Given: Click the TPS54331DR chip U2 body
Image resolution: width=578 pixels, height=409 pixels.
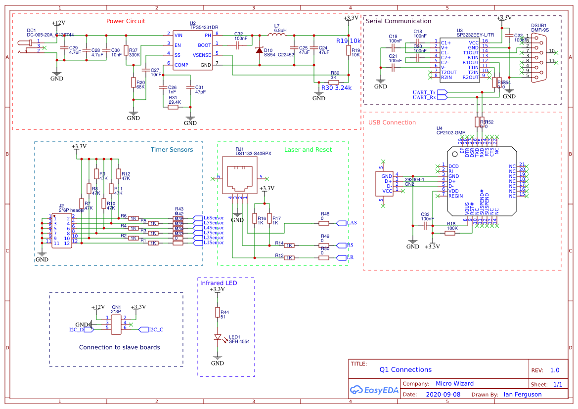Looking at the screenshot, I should point(193,50).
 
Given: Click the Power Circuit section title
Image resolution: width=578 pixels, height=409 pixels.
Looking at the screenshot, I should point(126,21).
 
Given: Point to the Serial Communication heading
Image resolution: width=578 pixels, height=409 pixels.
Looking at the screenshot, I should point(398,21).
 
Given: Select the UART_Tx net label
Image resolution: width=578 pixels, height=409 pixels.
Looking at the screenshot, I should point(424,92).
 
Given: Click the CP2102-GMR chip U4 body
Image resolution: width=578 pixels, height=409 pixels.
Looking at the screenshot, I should point(480,181).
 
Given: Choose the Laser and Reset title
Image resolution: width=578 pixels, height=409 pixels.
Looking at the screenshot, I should point(308,150).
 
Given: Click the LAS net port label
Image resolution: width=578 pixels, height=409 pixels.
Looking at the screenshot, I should point(352,223).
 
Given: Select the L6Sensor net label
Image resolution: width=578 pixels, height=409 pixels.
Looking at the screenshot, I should point(214,218).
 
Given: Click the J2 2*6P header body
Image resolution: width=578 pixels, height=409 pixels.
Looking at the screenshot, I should point(61,230).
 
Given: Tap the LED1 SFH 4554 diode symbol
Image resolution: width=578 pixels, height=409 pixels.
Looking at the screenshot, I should point(218,337).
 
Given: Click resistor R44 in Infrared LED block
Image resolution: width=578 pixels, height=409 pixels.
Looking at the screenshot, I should point(217,312).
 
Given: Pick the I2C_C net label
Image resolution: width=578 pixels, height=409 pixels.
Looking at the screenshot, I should point(156,329).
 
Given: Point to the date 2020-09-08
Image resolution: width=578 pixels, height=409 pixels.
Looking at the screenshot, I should point(443,395).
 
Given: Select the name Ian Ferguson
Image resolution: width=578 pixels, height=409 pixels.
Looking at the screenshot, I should point(522,395).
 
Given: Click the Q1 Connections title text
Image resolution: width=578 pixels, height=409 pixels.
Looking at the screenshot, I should point(405,369).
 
